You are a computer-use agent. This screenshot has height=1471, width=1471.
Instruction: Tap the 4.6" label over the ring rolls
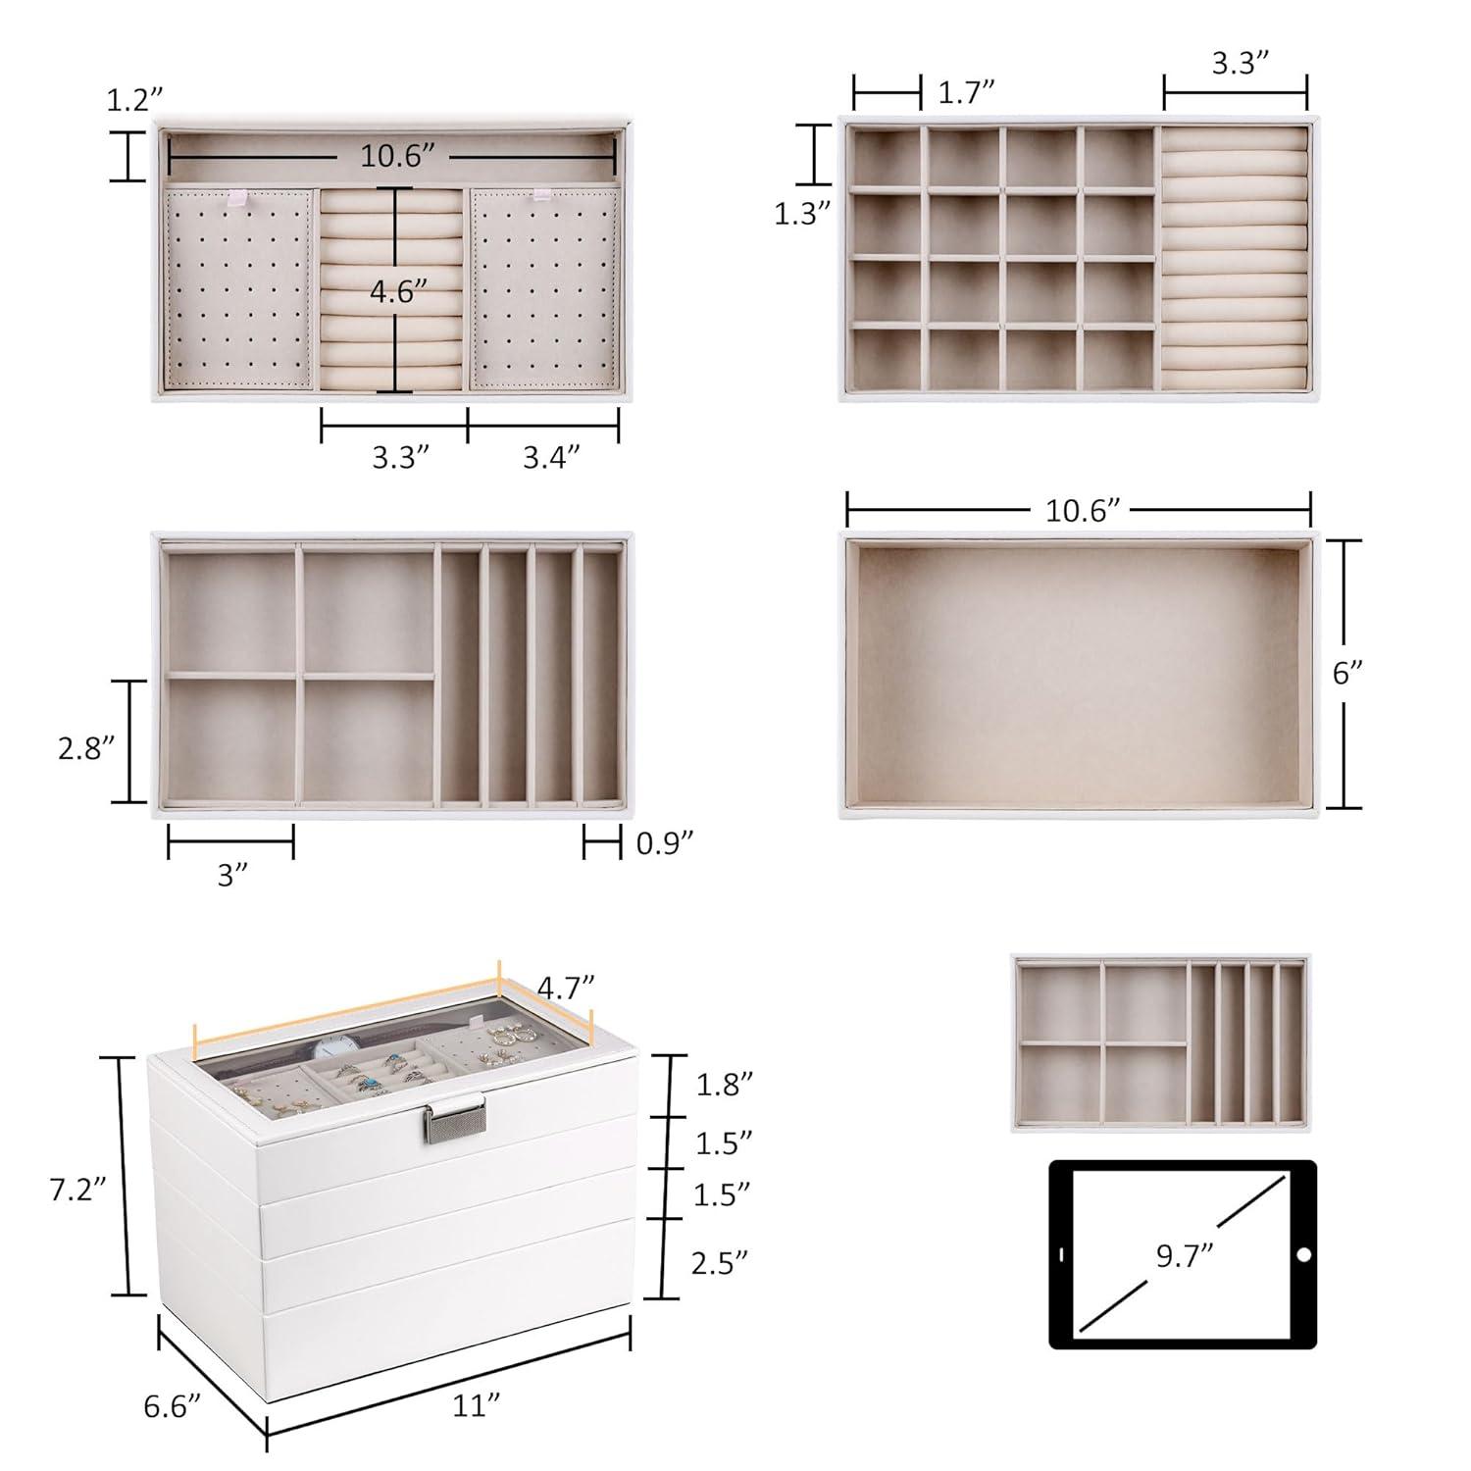tap(397, 292)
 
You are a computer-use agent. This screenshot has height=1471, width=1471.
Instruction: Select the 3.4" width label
tap(550, 457)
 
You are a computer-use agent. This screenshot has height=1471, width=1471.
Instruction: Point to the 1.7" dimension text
tap(967, 93)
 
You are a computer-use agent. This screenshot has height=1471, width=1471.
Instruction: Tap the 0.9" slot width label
tap(665, 843)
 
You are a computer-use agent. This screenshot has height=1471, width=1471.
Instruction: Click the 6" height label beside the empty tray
tap(1347, 673)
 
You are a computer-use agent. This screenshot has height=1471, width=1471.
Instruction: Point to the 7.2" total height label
tap(78, 1190)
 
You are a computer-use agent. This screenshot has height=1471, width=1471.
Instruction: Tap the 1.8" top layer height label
tap(724, 1085)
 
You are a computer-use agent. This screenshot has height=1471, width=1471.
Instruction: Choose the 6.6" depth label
tap(173, 1405)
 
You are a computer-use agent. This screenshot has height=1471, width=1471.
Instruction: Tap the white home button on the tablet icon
tap(1302, 1255)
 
